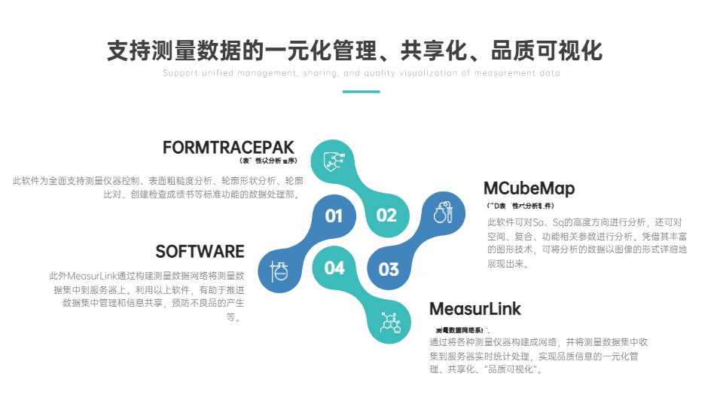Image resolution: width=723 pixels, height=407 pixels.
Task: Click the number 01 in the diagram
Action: click(334, 216)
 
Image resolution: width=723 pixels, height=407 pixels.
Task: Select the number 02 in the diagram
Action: click(386, 216)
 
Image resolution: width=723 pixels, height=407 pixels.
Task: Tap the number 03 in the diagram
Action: click(389, 269)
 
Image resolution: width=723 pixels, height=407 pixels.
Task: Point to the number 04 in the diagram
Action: click(334, 268)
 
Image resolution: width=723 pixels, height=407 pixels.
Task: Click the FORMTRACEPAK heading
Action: click(228, 147)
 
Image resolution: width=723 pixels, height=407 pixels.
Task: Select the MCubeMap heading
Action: click(529, 188)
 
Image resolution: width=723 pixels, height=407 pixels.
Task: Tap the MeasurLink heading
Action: click(475, 309)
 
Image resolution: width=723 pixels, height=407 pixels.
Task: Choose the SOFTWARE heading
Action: click(200, 252)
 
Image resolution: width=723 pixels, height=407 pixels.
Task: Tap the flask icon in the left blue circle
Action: click(279, 271)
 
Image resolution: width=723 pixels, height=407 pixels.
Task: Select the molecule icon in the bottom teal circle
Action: click(390, 323)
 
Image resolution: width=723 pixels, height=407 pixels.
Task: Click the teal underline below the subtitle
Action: click(361, 92)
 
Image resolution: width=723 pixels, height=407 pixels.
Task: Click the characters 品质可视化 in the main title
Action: click(546, 50)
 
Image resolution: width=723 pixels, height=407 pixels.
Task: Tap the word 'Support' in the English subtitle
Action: click(179, 73)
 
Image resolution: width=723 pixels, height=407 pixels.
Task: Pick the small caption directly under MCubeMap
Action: click(520, 205)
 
